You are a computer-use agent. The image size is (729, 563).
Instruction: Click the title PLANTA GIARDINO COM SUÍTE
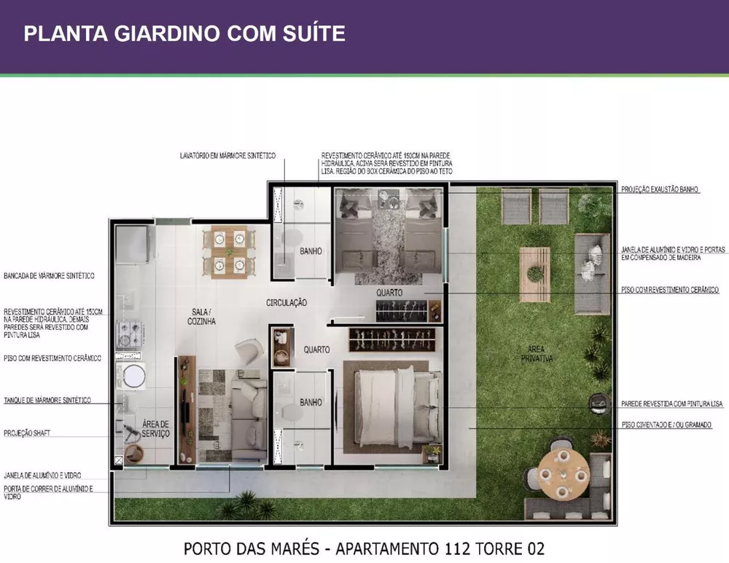[184, 34]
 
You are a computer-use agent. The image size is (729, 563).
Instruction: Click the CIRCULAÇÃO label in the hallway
[286, 302]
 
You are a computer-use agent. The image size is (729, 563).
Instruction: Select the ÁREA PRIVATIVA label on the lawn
[537, 354]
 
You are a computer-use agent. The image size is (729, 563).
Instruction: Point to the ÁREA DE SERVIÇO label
[156, 429]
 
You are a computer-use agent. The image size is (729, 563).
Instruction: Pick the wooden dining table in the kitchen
[229, 252]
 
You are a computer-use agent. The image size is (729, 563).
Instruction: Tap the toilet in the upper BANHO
[293, 237]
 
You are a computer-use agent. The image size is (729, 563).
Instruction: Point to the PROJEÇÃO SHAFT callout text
[27, 433]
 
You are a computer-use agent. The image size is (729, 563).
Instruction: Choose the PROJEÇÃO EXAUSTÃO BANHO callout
[660, 189]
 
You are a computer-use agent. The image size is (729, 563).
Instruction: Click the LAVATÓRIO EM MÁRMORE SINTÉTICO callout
[227, 155]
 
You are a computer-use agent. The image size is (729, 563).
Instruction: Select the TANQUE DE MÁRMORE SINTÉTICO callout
[47, 400]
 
